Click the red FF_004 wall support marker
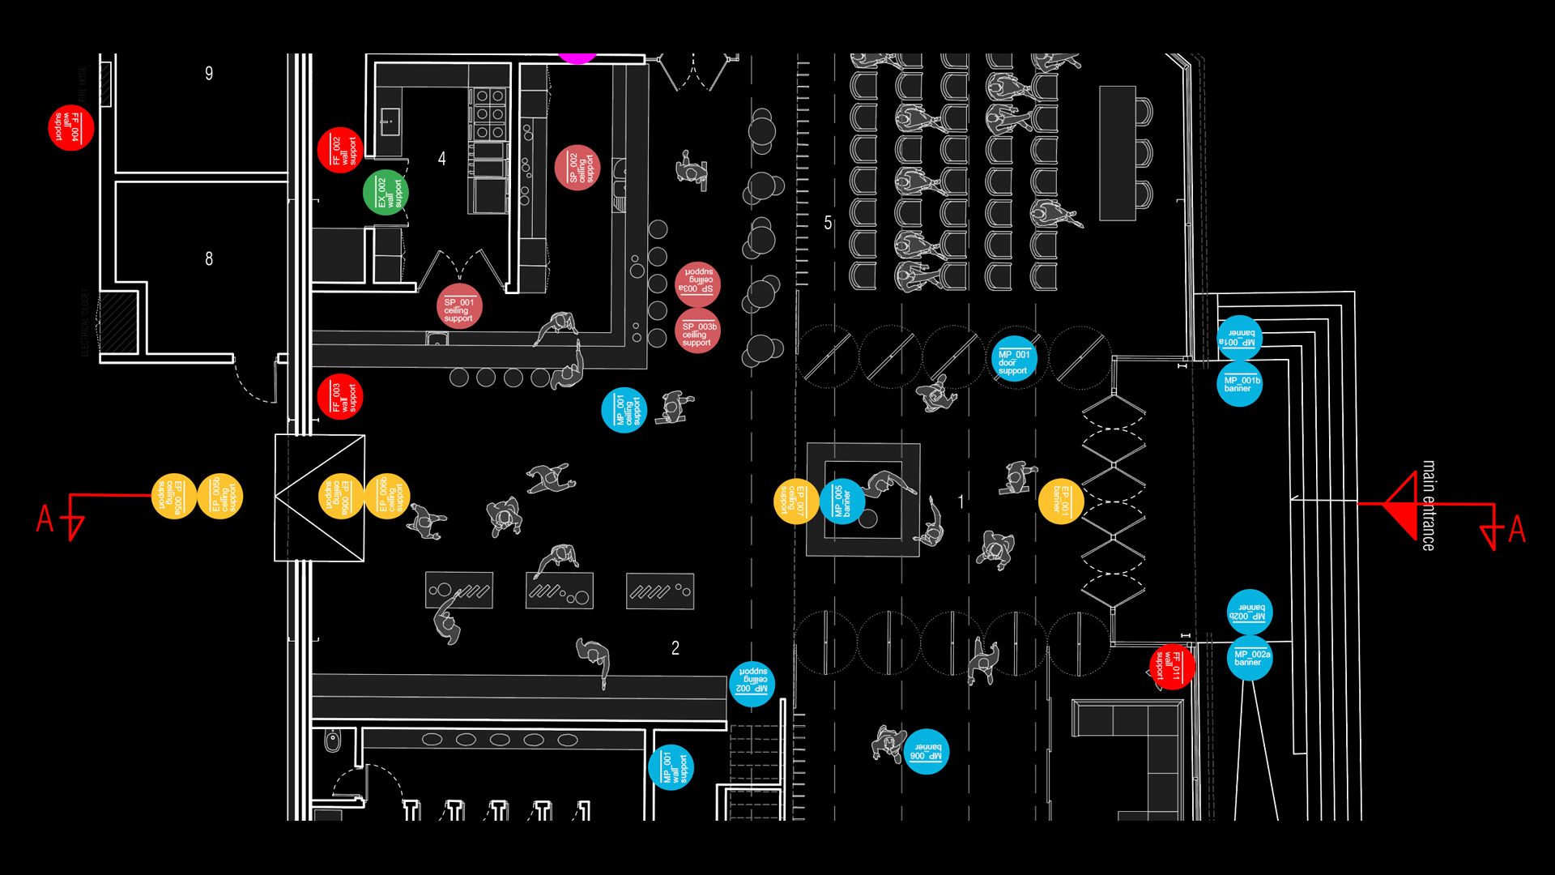coord(71,128)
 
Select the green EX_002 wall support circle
coord(386,193)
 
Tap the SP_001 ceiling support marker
coord(459,307)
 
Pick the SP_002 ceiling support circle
coord(577,168)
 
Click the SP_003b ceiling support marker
coord(697,331)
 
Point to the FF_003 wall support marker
coord(340,397)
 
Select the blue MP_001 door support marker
coord(1014,359)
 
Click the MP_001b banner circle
coord(1240,383)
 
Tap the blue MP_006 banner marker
coord(926,752)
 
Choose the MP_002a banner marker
coord(1250,658)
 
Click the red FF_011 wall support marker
coord(1171,667)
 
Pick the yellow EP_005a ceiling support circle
coord(174,496)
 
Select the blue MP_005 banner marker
coord(842,502)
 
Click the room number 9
coord(209,74)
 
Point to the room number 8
coord(209,259)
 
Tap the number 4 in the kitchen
coord(441,159)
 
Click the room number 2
coord(675,648)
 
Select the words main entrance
coord(1429,506)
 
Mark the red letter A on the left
coord(45,519)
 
